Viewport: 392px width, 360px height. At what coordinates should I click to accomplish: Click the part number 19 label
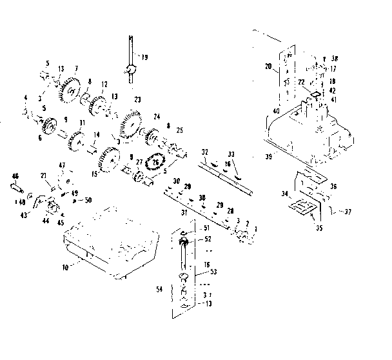144,57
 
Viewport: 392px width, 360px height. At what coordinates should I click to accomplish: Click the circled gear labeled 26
155,163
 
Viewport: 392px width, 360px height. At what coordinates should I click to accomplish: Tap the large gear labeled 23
130,122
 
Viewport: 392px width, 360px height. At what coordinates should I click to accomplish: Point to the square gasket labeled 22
313,94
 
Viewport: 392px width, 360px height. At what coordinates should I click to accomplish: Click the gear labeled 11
81,139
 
